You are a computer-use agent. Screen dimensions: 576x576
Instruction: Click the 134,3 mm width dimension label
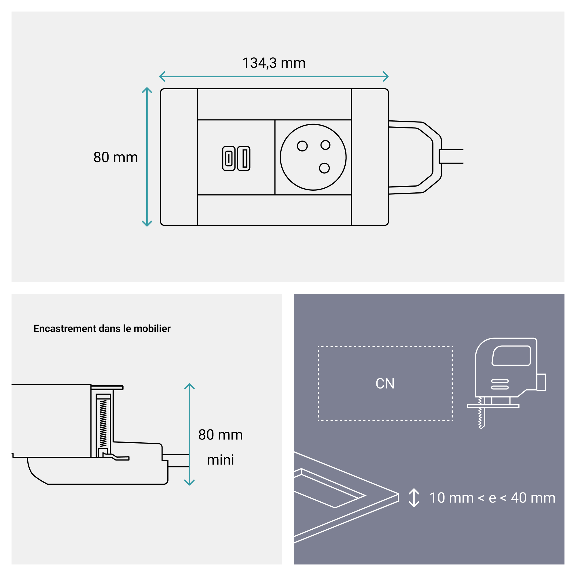tap(274, 63)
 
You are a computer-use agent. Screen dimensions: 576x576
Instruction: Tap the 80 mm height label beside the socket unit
tap(116, 158)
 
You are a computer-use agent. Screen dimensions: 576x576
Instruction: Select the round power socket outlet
tap(313, 157)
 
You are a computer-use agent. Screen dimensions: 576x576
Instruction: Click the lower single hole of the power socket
tap(324, 168)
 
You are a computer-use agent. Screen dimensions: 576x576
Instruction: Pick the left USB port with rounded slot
tap(229, 158)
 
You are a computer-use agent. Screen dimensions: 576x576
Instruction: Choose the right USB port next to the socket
tap(244, 158)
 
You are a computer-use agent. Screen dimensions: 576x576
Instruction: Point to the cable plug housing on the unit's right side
tap(414, 157)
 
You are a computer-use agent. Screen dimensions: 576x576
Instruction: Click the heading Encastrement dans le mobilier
tap(102, 329)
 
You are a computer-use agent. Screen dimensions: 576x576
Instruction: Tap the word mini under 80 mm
tap(220, 460)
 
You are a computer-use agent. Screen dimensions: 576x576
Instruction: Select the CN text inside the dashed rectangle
tap(385, 384)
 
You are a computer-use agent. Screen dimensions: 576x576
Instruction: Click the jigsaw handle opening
tap(511, 355)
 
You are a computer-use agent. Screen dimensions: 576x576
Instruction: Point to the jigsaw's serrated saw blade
tap(480, 414)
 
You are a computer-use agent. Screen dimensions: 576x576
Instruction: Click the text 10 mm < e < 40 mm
tap(492, 498)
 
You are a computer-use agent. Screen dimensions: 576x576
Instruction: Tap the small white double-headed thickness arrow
tap(414, 498)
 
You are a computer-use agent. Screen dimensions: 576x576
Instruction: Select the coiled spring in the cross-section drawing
tap(103, 423)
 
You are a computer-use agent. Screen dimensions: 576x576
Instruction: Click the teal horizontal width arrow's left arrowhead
tap(162, 76)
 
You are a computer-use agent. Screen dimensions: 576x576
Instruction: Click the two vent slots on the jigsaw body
tap(500, 384)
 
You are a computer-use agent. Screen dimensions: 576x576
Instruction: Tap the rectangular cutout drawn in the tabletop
tap(329, 489)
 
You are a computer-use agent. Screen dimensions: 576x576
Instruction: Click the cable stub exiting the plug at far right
tap(452, 156)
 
